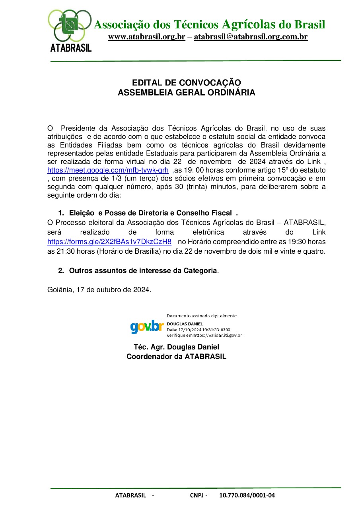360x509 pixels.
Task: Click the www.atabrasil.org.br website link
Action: [146, 37]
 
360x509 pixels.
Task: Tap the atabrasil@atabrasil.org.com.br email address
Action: [251, 37]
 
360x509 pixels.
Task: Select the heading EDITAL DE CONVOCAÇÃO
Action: [187, 83]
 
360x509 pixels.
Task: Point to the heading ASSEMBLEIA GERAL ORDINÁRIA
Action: [187, 93]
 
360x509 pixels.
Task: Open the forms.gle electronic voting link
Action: [109, 242]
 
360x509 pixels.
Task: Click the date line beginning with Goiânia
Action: [99, 289]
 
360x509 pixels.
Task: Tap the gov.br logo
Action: [147, 326]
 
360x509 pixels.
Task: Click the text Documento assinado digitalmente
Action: [201, 316]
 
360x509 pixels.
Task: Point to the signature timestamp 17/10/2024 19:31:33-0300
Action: [203, 330]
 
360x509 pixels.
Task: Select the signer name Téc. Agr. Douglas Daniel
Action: [176, 347]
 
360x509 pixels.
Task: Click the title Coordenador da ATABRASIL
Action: [176, 356]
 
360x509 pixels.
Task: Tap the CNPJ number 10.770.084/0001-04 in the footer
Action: [247, 495]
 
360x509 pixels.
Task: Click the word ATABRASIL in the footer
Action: [130, 495]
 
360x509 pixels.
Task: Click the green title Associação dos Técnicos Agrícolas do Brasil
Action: [209, 25]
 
